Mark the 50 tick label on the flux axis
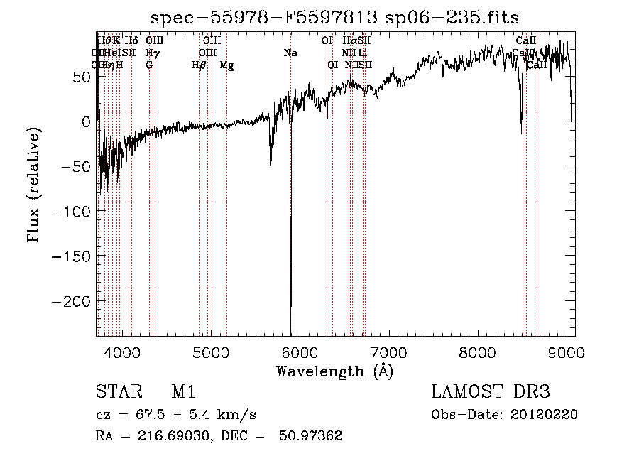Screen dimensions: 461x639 (x=80, y=76)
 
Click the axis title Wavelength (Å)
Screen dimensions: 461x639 (x=334, y=371)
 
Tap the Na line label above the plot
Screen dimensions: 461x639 (x=290, y=53)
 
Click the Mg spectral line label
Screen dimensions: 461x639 (x=226, y=65)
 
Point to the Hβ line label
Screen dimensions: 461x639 (x=199, y=65)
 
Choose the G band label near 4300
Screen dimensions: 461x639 (x=149, y=65)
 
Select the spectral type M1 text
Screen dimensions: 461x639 (x=183, y=392)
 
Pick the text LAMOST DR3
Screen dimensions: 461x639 (x=491, y=392)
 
